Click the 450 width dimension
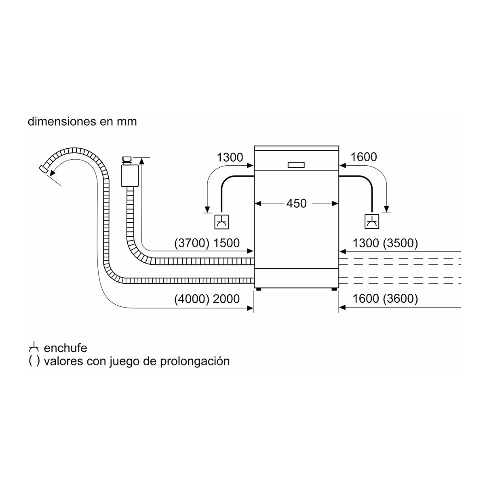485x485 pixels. [x=296, y=203]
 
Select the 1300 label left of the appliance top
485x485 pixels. [x=230, y=157]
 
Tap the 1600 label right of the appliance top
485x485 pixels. [x=364, y=157]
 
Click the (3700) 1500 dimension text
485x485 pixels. [x=207, y=243]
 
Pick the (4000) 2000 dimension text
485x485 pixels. [x=207, y=299]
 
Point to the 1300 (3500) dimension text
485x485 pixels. [x=385, y=243]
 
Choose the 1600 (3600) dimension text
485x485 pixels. [x=385, y=299]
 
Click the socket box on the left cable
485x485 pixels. [x=221, y=221]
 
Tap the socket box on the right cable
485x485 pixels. [x=371, y=221]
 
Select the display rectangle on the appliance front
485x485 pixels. [x=297, y=164]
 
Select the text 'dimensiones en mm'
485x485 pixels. [x=82, y=122]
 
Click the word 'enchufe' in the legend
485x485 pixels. [x=65, y=348]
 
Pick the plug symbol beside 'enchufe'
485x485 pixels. [x=34, y=347]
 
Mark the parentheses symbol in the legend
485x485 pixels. [x=34, y=361]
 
